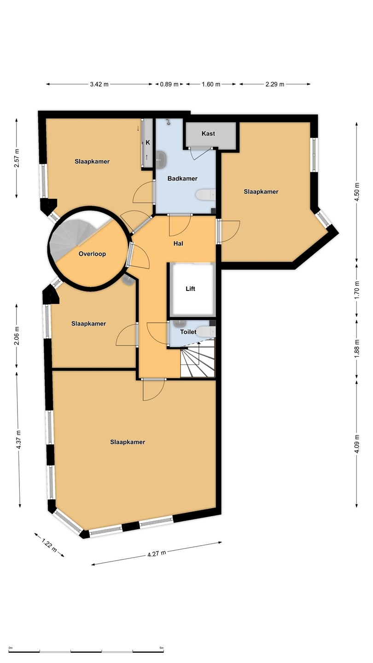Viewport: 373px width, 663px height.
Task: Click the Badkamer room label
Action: click(182, 179)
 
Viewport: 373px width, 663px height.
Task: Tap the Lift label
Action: click(190, 289)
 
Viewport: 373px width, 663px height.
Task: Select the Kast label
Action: click(208, 134)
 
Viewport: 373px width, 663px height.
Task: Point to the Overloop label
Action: click(92, 254)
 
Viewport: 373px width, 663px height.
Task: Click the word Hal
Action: click(178, 244)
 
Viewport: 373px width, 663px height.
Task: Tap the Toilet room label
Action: click(188, 332)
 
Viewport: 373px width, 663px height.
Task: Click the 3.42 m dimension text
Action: click(99, 84)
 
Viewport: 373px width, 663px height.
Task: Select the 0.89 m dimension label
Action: click(169, 84)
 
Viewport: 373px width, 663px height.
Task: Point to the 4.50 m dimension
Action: click(357, 192)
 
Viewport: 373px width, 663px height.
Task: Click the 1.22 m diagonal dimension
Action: click(49, 546)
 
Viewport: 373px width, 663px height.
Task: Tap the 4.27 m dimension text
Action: click(157, 553)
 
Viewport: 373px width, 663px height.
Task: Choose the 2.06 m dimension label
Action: click(17, 336)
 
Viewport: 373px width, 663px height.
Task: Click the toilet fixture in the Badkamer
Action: click(205, 194)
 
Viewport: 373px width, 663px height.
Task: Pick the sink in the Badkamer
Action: click(162, 159)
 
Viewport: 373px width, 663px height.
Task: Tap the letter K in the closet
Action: click(148, 143)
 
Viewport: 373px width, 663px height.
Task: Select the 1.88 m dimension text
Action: click(357, 349)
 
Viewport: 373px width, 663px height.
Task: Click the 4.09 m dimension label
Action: click(357, 443)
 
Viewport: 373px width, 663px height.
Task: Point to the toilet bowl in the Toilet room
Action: click(206, 331)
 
